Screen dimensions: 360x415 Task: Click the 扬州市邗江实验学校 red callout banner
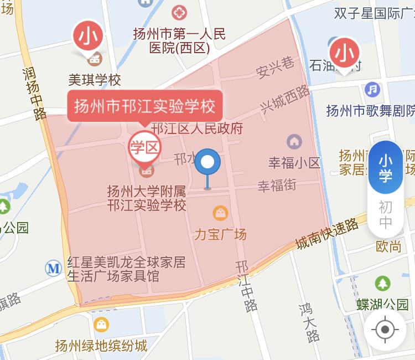coord(145,105)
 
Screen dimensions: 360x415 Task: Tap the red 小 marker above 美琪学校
coord(89,37)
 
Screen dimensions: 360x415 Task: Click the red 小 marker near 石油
coord(345,53)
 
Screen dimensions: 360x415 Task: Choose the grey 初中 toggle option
coord(385,215)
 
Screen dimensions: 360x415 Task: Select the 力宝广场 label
coord(220,234)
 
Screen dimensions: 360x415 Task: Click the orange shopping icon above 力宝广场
coord(220,212)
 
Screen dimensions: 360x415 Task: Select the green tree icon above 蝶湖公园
coord(382,284)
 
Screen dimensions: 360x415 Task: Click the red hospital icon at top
coord(179,12)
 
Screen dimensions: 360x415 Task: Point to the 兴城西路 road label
coord(286,99)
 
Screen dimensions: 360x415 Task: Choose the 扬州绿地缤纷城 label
coord(101,346)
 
